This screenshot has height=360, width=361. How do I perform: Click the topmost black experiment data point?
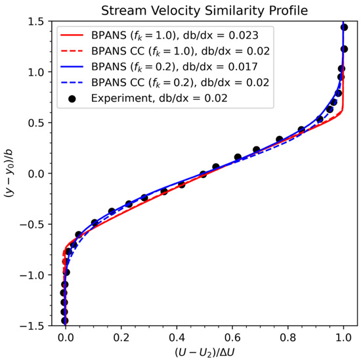tap(345, 28)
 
